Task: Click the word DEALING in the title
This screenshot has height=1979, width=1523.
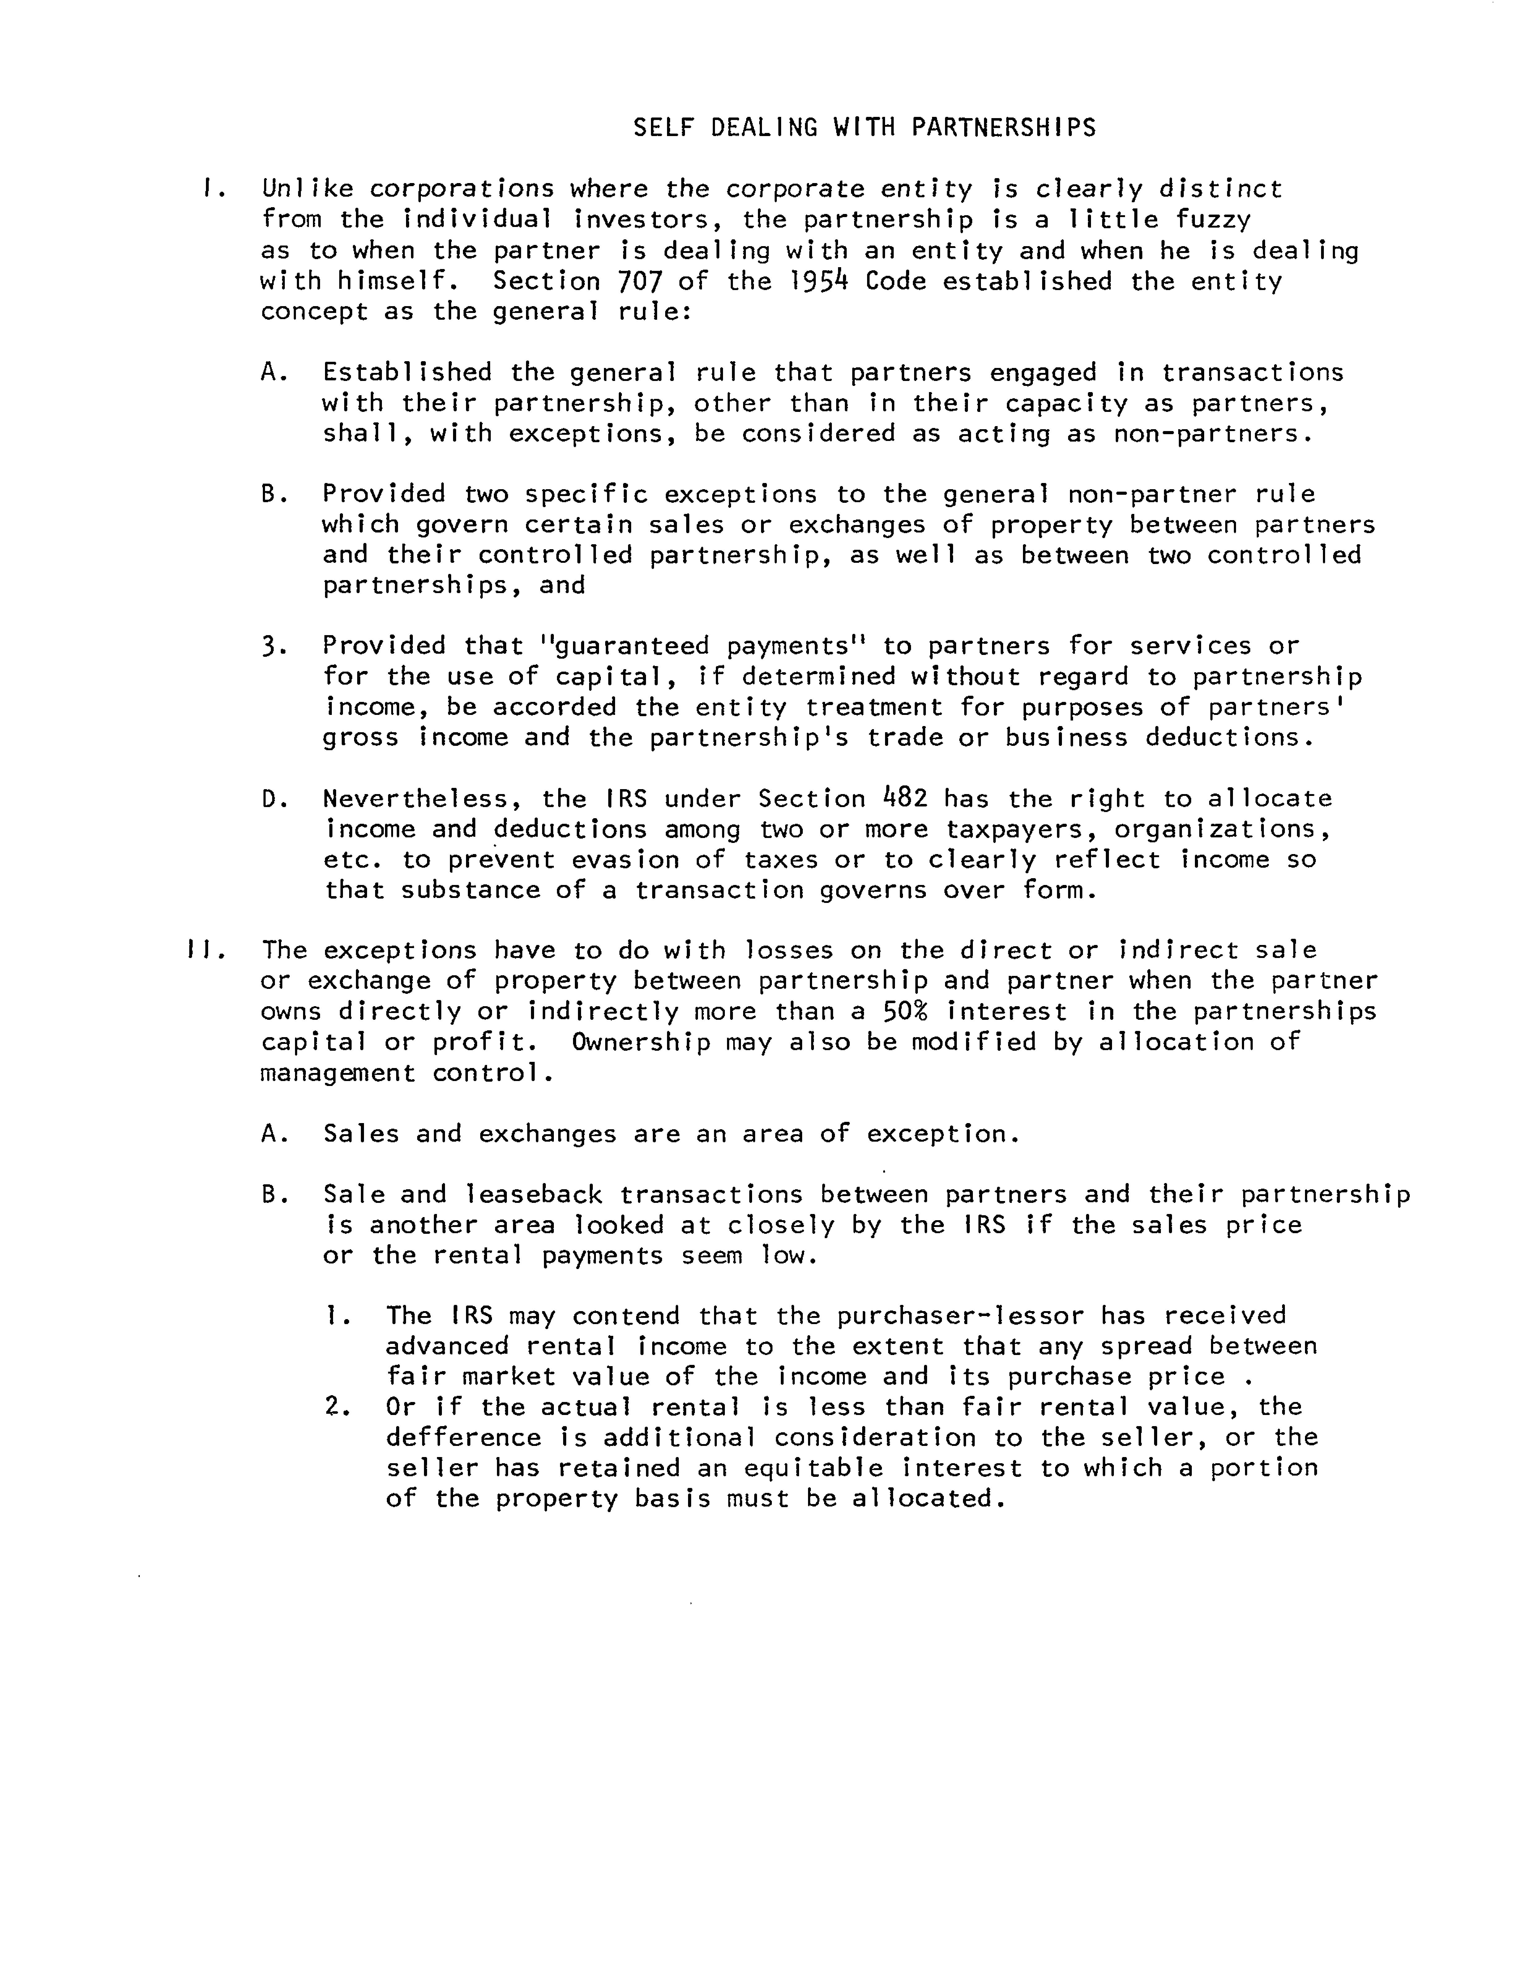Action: [x=764, y=128]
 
